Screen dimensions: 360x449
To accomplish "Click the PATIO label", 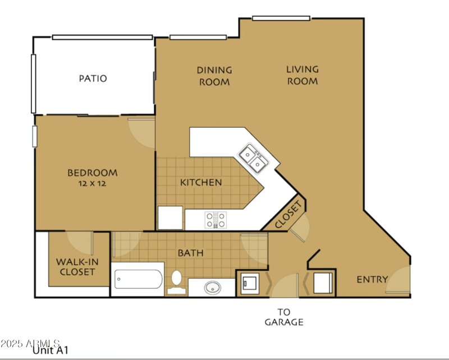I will [93, 79].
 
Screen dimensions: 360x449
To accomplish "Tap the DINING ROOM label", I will [214, 76].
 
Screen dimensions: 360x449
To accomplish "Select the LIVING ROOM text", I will [303, 75].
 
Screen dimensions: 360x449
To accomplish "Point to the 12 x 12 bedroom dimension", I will [93, 183].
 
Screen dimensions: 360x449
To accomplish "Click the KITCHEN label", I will [201, 182].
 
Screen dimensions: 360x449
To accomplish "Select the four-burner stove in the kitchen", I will [216, 219].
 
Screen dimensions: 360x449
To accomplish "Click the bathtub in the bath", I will [138, 279].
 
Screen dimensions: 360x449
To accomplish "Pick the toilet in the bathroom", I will [176, 281].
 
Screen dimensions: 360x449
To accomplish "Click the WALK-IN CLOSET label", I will [75, 266].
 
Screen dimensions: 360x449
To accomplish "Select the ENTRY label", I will [372, 279].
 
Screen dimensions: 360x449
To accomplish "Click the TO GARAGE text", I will [284, 317].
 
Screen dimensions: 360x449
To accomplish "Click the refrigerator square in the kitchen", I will [170, 218].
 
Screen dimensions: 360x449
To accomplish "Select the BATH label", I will [190, 253].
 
